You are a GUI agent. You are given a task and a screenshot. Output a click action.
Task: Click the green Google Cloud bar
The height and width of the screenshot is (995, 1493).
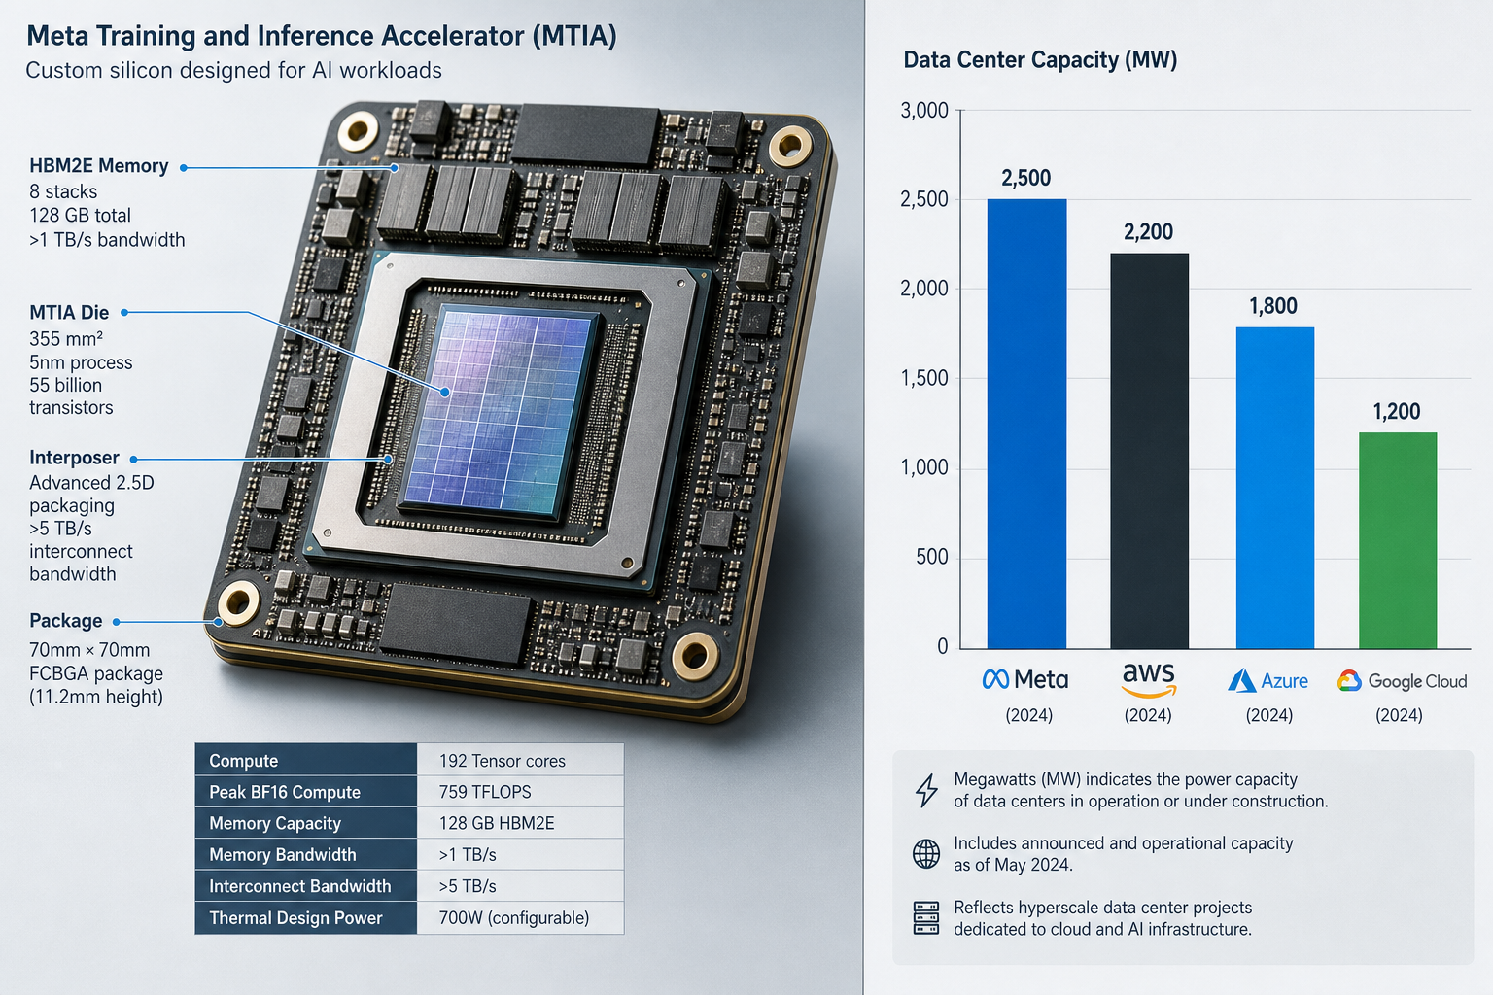(1398, 540)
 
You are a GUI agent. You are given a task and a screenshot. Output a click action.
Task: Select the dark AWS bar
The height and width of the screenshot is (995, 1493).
(1149, 451)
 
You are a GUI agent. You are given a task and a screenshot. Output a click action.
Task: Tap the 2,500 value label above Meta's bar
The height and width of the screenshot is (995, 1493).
(1025, 178)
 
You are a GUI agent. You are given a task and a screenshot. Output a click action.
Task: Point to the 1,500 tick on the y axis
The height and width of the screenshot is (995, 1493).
(923, 379)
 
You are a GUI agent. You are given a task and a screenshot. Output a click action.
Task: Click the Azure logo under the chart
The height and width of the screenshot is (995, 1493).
(1241, 681)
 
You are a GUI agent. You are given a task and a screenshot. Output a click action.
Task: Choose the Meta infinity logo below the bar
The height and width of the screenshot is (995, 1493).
(995, 680)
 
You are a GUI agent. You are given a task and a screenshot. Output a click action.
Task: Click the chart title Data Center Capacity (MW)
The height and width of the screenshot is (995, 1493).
(1040, 60)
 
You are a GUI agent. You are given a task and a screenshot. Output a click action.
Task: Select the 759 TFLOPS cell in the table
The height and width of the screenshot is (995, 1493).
(485, 792)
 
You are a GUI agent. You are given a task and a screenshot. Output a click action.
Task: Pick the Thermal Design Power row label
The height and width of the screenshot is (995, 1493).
(295, 917)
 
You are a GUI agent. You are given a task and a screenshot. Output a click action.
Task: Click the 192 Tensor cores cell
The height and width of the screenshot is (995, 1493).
(502, 761)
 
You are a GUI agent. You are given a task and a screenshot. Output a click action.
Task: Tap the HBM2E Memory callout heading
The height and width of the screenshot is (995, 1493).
(98, 166)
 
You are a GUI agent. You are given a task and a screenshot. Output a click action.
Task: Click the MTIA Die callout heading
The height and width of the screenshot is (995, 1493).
(69, 312)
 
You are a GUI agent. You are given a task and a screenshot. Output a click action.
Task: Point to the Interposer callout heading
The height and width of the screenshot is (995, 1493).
(74, 458)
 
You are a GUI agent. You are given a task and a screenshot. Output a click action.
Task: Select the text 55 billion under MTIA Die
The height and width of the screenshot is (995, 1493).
(65, 385)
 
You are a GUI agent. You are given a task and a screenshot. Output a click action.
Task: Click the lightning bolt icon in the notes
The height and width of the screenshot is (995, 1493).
(926, 790)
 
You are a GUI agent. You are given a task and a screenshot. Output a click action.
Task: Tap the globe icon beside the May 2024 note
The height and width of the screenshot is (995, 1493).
(926, 854)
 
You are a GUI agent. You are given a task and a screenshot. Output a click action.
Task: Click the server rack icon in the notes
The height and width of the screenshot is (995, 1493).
(926, 917)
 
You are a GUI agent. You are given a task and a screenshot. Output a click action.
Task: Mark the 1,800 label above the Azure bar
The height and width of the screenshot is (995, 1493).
(1273, 306)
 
